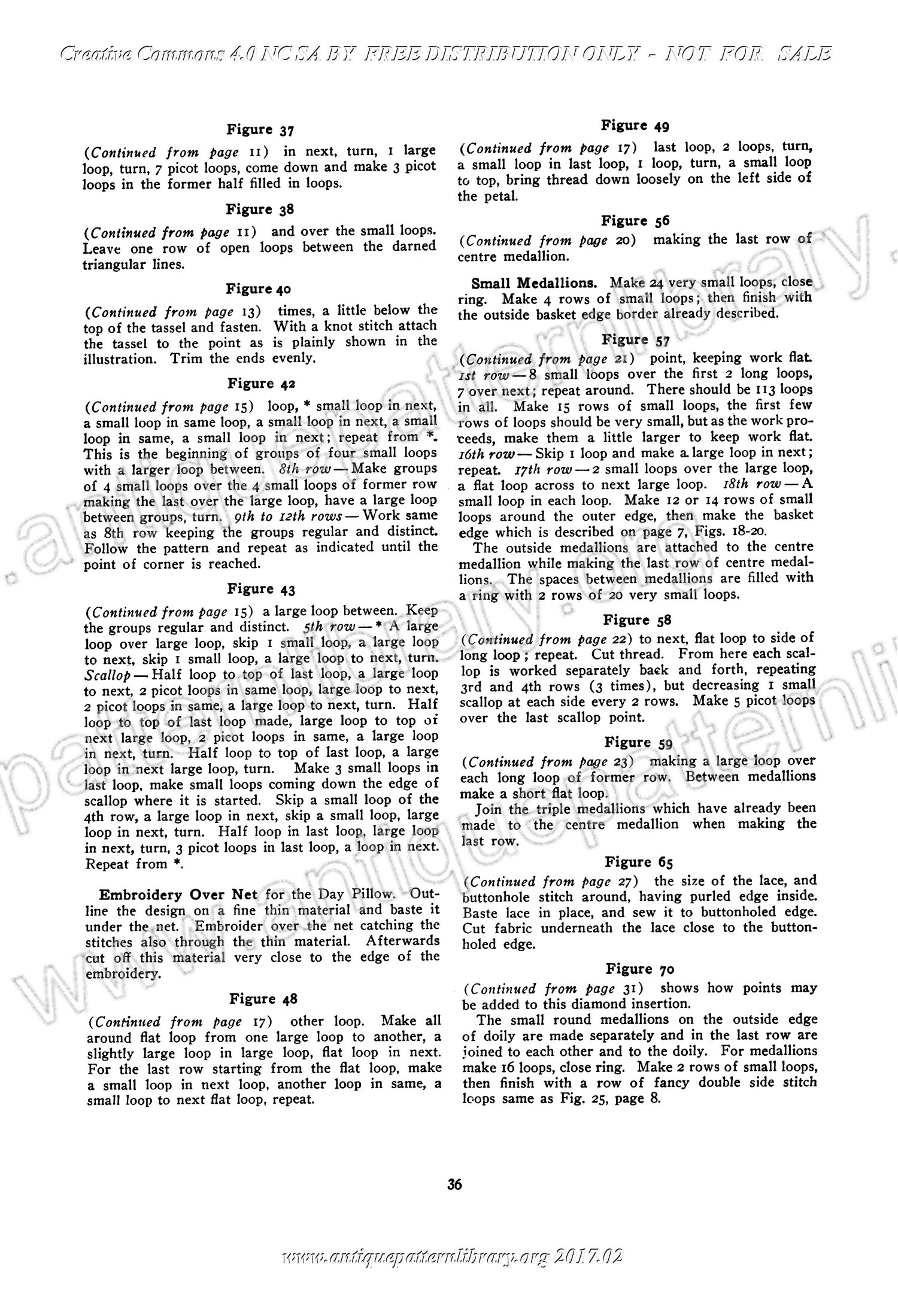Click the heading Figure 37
pos(259,130)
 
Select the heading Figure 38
pos(259,209)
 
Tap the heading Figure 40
pos(259,289)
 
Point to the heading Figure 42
pos(260,383)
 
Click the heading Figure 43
pos(260,589)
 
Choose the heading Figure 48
pos(263,999)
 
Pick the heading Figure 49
pos(635,126)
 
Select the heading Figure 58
pos(636,619)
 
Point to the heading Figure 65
pos(638,862)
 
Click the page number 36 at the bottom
pos(454,1184)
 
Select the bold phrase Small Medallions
pos(533,282)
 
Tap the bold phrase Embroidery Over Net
pos(178,895)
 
